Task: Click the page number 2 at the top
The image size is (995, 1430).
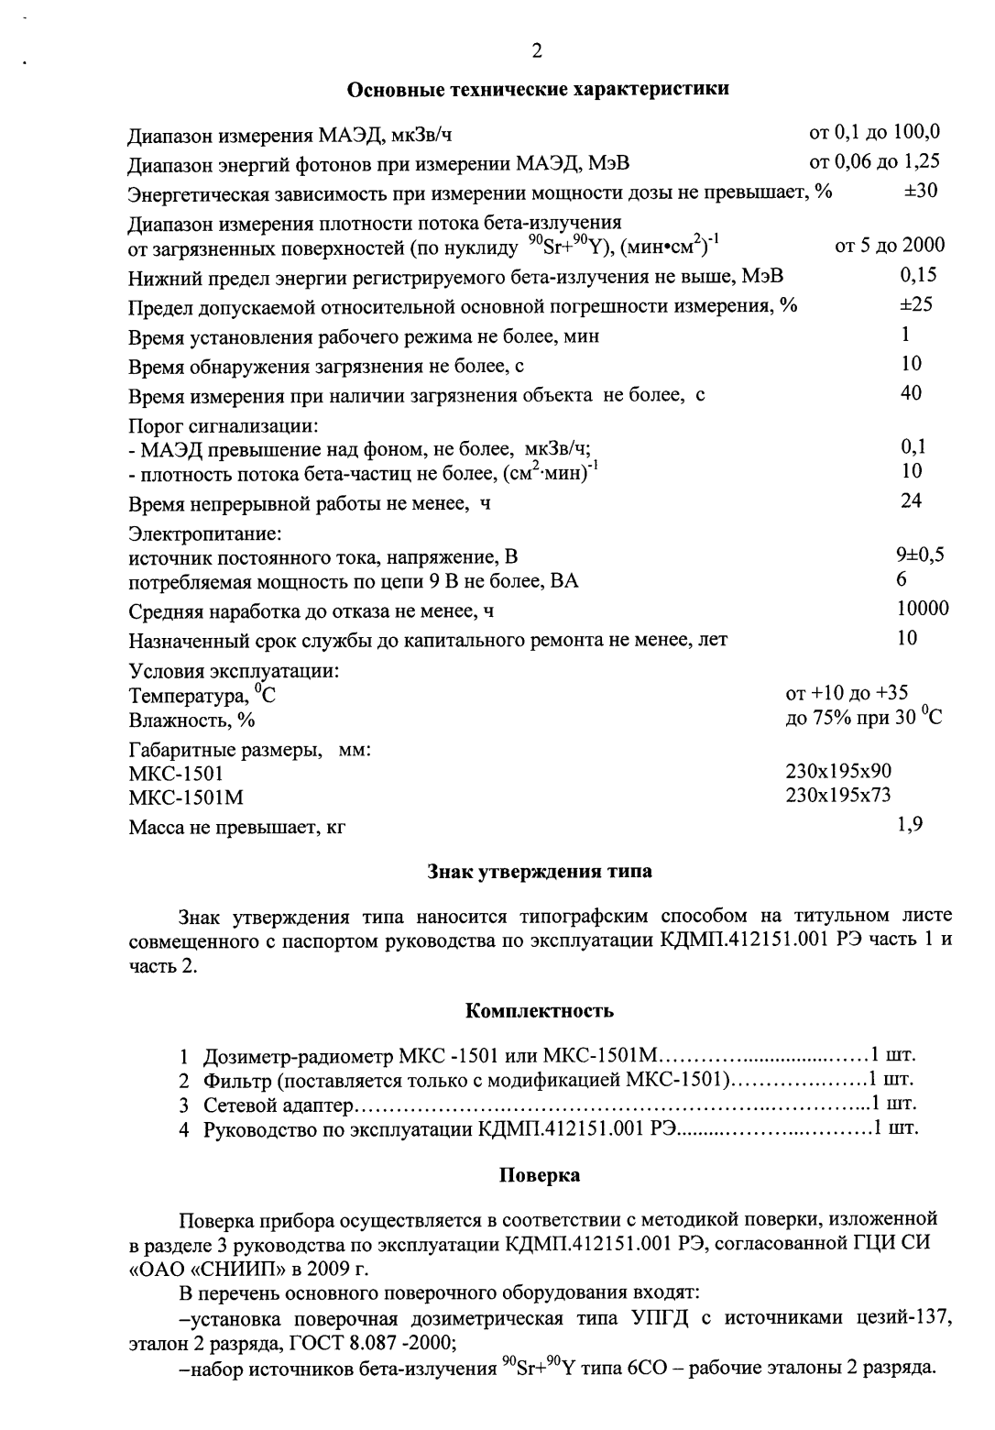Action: pyautogui.click(x=537, y=51)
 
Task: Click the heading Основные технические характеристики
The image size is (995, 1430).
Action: pyautogui.click(x=539, y=90)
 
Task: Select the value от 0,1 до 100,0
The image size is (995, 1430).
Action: pyautogui.click(x=874, y=132)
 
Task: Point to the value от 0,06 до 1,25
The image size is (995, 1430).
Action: pyautogui.click(x=874, y=162)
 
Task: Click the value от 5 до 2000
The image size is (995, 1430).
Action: pyautogui.click(x=890, y=246)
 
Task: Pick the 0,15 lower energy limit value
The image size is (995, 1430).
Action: pyautogui.click(x=919, y=275)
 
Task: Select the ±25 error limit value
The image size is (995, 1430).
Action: pyautogui.click(x=916, y=304)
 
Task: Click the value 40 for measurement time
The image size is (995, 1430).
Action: pyautogui.click(x=912, y=393)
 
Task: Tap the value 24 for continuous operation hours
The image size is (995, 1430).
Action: pyautogui.click(x=912, y=500)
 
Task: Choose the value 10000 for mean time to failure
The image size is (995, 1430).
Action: pyautogui.click(x=922, y=609)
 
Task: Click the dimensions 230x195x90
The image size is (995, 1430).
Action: pyautogui.click(x=838, y=772)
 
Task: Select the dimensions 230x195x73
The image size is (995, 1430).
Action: pyautogui.click(x=838, y=796)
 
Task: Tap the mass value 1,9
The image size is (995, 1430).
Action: pyautogui.click(x=910, y=825)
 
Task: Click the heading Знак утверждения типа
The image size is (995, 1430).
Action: pyautogui.click(x=540, y=872)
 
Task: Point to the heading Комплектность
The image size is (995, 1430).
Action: pyautogui.click(x=540, y=1012)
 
